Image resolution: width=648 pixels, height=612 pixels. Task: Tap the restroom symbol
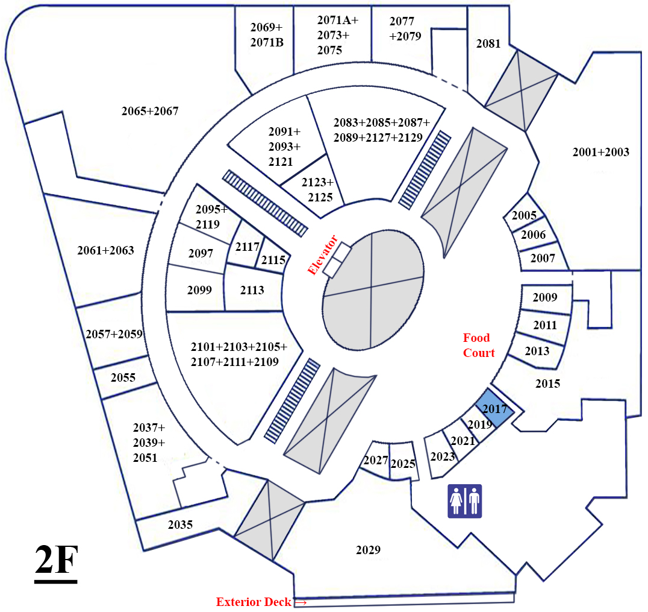tap(465, 501)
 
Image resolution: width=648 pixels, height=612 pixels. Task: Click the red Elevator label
tap(323, 255)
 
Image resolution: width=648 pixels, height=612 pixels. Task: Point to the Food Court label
tap(479, 345)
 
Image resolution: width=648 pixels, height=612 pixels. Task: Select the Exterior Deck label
tap(254, 602)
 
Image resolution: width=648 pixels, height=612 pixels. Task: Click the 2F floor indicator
tap(56, 562)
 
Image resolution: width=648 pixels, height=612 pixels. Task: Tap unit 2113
tap(252, 289)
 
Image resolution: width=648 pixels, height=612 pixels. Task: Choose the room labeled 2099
tap(199, 289)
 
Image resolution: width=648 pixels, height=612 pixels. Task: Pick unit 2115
tap(273, 260)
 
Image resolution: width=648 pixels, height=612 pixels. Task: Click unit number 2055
tap(123, 377)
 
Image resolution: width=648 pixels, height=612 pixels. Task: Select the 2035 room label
tap(180, 525)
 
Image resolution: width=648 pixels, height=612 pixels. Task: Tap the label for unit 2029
tap(368, 550)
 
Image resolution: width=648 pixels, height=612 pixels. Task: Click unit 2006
tap(533, 235)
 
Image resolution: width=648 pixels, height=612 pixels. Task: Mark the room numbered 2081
tap(488, 43)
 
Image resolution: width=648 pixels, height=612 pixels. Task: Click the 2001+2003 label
tap(601, 152)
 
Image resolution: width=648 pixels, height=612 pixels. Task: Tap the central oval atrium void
tap(373, 290)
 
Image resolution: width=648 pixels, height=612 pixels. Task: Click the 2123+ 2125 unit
tap(317, 189)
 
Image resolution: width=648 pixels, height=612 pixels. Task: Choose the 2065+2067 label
tap(149, 111)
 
